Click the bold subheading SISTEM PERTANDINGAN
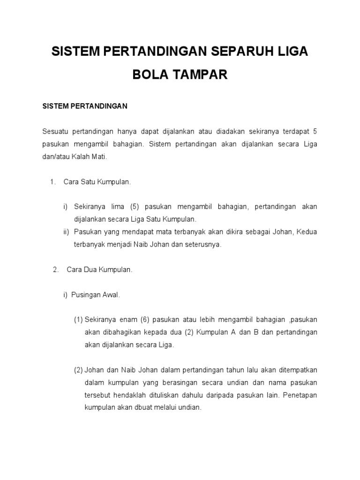(85, 106)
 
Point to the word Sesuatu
(55, 132)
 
